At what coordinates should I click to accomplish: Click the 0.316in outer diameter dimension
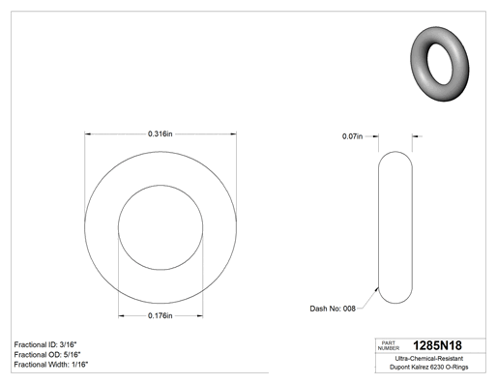[x=161, y=133]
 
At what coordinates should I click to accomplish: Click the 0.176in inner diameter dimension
[x=161, y=315]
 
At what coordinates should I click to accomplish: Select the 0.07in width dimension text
[x=352, y=136]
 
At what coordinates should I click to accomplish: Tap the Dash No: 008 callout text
[x=333, y=309]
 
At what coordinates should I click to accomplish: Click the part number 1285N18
[x=437, y=345]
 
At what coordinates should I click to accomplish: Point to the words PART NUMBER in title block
[x=389, y=345]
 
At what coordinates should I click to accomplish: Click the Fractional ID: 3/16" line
[x=45, y=344]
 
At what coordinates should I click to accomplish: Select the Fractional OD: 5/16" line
[x=47, y=354]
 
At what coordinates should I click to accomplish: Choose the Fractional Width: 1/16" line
[x=51, y=365]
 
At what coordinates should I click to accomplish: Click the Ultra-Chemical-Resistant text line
[x=429, y=358]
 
